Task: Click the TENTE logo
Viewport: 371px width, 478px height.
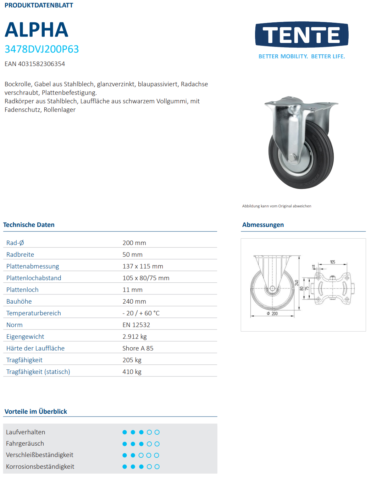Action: click(x=301, y=35)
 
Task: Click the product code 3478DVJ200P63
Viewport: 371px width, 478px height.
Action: click(x=41, y=49)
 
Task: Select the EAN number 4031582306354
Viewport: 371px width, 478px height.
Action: click(x=35, y=64)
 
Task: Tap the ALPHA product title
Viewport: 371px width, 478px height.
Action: click(x=36, y=30)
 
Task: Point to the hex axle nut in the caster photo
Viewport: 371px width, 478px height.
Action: click(x=293, y=157)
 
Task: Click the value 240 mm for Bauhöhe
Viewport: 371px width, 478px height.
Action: click(x=134, y=302)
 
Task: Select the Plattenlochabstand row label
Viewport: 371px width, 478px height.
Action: click(x=34, y=278)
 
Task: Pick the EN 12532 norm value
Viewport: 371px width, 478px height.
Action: click(x=136, y=325)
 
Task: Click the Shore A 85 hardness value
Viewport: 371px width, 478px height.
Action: click(x=138, y=348)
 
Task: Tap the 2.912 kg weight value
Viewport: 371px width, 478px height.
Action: click(x=134, y=337)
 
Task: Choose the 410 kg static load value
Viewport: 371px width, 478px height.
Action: click(x=132, y=372)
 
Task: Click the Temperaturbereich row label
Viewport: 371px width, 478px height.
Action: click(x=34, y=313)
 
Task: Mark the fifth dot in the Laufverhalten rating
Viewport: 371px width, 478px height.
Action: click(x=157, y=432)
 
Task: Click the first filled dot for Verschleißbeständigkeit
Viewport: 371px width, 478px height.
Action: click(x=124, y=455)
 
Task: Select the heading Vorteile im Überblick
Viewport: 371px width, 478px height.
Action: click(x=36, y=412)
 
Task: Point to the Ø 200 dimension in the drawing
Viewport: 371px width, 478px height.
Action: click(x=272, y=314)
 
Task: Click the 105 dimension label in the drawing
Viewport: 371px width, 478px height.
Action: click(x=332, y=262)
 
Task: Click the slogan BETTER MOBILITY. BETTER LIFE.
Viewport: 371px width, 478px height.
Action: click(x=301, y=56)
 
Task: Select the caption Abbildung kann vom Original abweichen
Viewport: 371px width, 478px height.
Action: click(x=277, y=206)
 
